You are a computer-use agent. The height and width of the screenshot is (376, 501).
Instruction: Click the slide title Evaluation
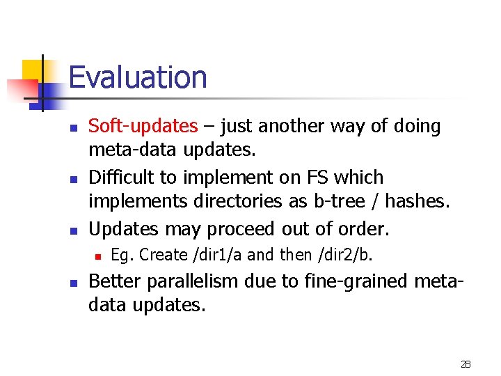tap(138, 77)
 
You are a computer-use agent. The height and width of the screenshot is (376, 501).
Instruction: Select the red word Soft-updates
tap(143, 126)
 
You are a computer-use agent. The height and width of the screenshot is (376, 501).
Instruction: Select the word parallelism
tap(195, 281)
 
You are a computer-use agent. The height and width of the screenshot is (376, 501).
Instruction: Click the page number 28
tap(466, 364)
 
